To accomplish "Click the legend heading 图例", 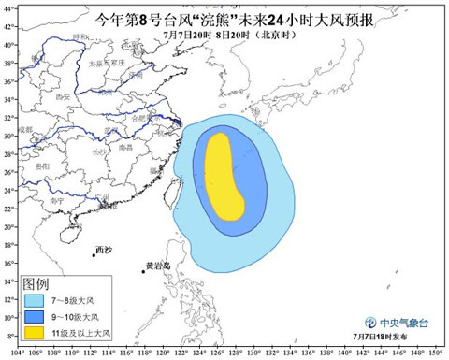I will click(x=36, y=283).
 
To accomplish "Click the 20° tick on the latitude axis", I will click(x=7, y=220).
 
